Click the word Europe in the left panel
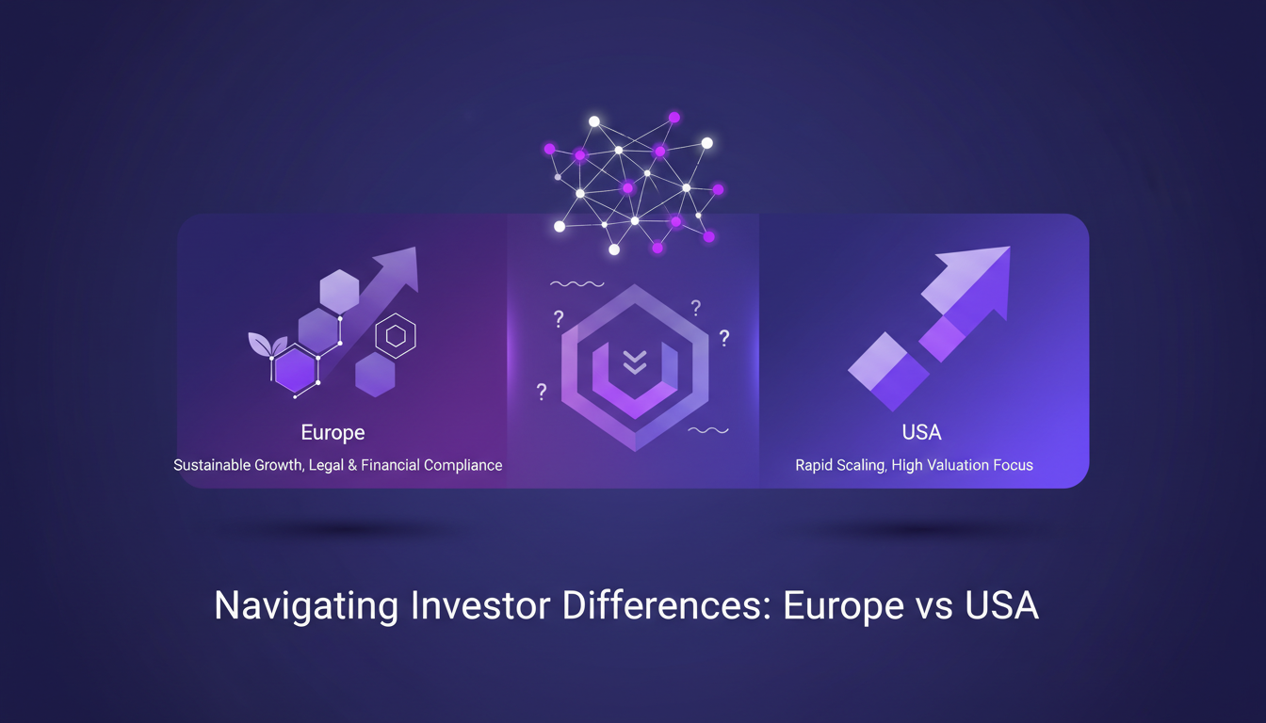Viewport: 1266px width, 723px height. [x=333, y=433]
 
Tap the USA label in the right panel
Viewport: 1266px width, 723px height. [x=920, y=433]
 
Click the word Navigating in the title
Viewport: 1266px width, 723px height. [x=305, y=605]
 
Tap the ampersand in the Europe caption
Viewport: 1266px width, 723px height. [x=349, y=465]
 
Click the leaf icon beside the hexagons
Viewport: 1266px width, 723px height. [x=260, y=344]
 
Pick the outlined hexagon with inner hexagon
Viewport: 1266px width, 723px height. [x=396, y=336]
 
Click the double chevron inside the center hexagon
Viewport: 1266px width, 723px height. [x=634, y=361]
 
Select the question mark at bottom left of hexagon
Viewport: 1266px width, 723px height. [x=542, y=392]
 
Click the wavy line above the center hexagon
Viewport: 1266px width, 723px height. [x=576, y=283]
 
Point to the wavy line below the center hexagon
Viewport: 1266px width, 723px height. [x=708, y=430]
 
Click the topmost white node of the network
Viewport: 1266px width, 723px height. [x=594, y=121]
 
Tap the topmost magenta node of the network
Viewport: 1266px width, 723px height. [x=674, y=118]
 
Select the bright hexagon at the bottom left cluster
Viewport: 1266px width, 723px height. [x=295, y=370]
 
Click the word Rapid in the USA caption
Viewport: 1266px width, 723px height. [x=814, y=465]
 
